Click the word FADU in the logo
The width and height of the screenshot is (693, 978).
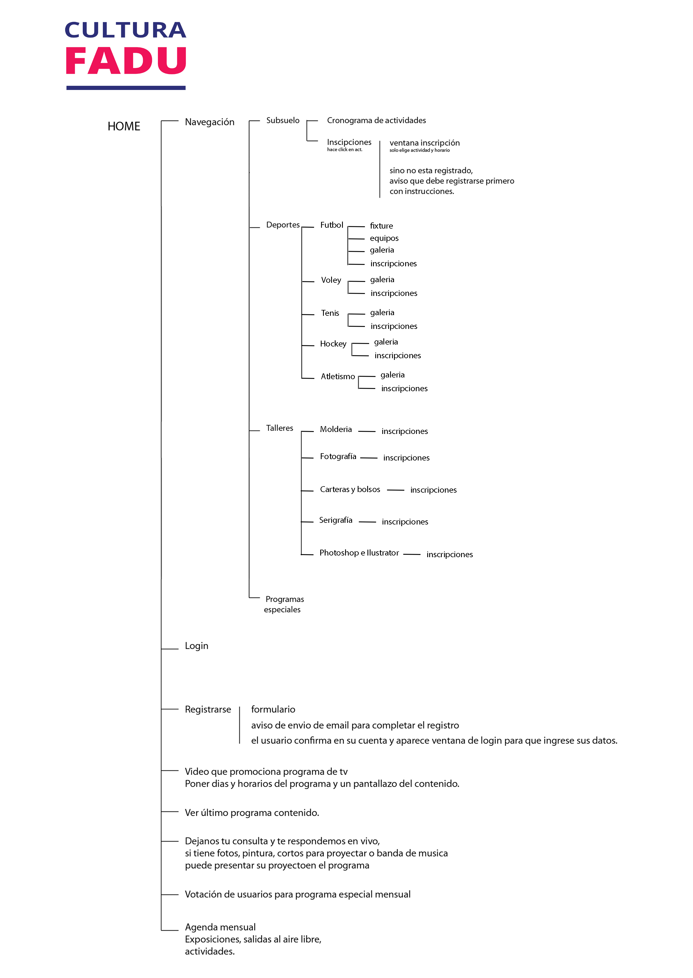pos(126,61)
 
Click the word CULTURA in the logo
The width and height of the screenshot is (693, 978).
pos(125,30)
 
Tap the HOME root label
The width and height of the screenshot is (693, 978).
pos(124,126)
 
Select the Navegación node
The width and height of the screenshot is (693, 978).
pos(210,122)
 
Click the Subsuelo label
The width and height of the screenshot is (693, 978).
pos(283,120)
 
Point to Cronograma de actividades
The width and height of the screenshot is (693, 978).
pos(376,120)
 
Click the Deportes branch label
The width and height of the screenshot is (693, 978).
pos(283,225)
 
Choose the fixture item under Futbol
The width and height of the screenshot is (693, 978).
pos(381,226)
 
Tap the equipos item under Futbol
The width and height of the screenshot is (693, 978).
pos(384,238)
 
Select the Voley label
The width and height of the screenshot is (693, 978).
pos(331,280)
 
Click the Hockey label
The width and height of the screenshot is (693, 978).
pos(333,344)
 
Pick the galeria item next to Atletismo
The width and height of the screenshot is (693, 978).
pos(392,375)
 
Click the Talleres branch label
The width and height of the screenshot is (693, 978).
pos(279,428)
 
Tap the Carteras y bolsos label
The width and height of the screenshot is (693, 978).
pos(350,490)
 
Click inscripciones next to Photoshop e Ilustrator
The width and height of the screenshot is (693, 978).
pos(449,554)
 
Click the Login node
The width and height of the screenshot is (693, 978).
pos(196,645)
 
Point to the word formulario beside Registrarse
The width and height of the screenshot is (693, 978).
pos(273,709)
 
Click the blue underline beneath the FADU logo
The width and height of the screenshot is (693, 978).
pos(126,88)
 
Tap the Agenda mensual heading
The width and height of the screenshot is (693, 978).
pos(220,927)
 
